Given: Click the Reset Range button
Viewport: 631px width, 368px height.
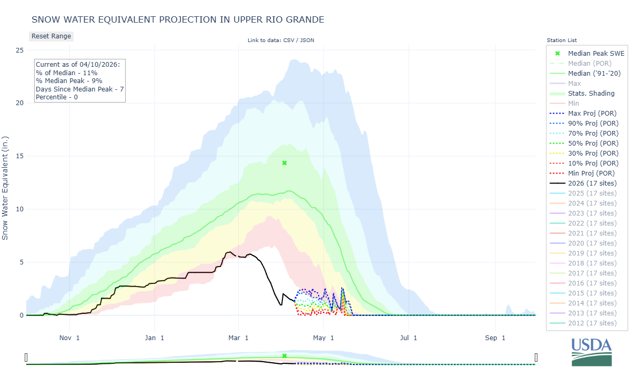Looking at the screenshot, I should point(50,36).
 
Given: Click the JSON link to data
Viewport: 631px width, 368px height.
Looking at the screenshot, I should point(307,40).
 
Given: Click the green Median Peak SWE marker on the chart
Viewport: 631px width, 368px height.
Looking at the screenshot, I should point(284,163).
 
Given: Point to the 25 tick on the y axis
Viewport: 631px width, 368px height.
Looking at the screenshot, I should point(19,50).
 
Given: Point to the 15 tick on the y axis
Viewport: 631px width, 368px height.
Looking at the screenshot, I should point(19,156).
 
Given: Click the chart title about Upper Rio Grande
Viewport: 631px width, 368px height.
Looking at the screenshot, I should point(178,19).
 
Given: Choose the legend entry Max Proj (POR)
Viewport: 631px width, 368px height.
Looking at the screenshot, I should point(592,113).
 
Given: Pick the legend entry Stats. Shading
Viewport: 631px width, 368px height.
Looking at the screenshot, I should point(591,93).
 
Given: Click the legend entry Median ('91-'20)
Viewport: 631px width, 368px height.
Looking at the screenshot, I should point(594,73).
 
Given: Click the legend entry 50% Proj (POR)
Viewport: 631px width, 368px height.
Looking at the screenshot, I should point(592,143).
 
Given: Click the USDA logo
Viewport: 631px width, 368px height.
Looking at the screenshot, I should point(592,351).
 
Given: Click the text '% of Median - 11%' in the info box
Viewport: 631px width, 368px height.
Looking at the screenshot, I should point(65,73).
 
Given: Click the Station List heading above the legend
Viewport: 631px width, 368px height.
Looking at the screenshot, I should point(562,40).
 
